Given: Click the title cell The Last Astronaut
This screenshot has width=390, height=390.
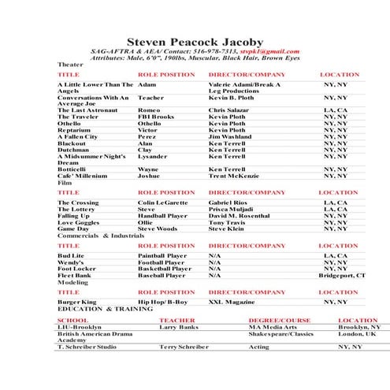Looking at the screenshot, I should [x=87, y=110].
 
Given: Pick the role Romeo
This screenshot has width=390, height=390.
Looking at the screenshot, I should [x=149, y=110].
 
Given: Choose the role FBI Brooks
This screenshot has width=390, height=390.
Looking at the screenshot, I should [x=156, y=117].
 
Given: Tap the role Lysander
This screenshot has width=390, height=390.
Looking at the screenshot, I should [x=153, y=156].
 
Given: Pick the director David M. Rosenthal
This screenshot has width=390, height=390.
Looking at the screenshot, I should [x=243, y=215].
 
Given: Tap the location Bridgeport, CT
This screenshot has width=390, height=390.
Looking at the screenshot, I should [x=341, y=276].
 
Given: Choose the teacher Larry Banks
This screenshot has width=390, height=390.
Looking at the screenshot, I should [x=178, y=327].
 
